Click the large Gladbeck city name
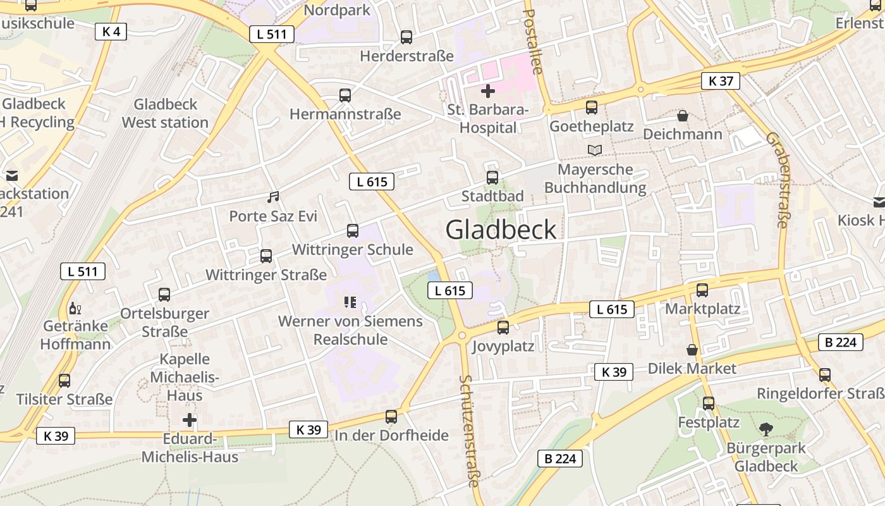pyautogui.click(x=501, y=229)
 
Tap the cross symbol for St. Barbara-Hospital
pyautogui.click(x=487, y=91)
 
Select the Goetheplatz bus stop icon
pyautogui.click(x=592, y=108)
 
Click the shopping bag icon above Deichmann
pyautogui.click(x=683, y=116)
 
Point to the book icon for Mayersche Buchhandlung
pyautogui.click(x=595, y=150)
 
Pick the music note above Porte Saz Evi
pyautogui.click(x=273, y=197)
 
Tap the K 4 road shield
pyautogui.click(x=111, y=31)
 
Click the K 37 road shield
pyautogui.click(x=721, y=81)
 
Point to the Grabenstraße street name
pyautogui.click(x=778, y=180)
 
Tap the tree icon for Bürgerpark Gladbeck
pyautogui.click(x=766, y=429)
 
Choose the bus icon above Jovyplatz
pyautogui.click(x=503, y=328)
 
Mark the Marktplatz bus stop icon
pyautogui.click(x=702, y=290)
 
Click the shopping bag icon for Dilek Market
pyautogui.click(x=692, y=350)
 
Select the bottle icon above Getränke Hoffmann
pyautogui.click(x=75, y=309)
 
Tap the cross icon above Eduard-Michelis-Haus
pyautogui.click(x=190, y=420)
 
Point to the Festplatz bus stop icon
pyautogui.click(x=709, y=403)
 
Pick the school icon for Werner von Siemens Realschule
pyautogui.click(x=350, y=302)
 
